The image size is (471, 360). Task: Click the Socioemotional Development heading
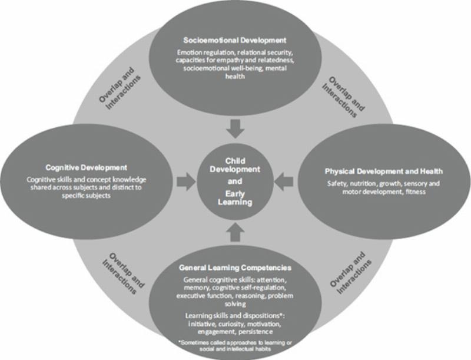[x=234, y=41]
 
